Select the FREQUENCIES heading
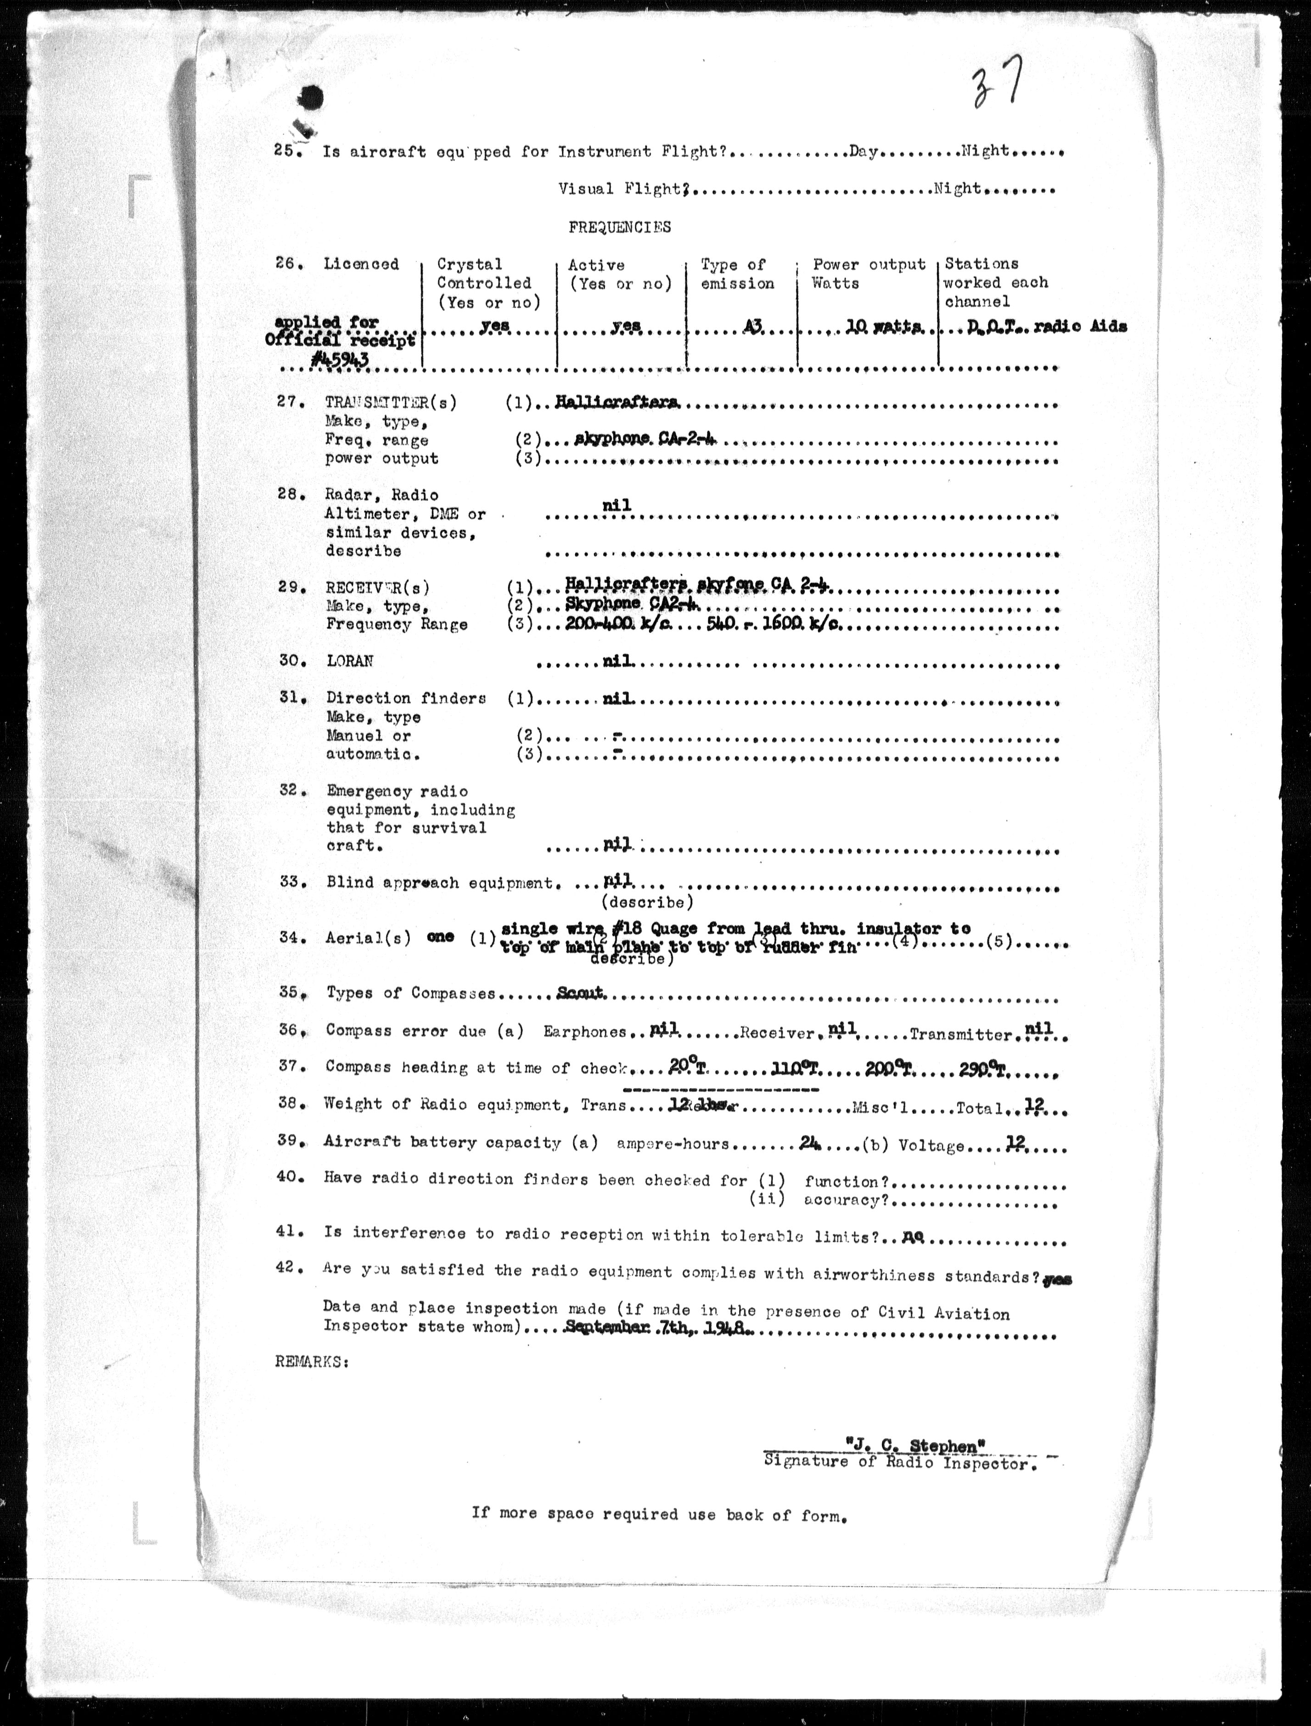click(x=620, y=227)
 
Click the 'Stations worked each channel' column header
click(x=996, y=282)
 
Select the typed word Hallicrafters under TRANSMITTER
click(x=616, y=403)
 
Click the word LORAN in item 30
click(x=350, y=661)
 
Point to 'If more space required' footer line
click(x=659, y=1513)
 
